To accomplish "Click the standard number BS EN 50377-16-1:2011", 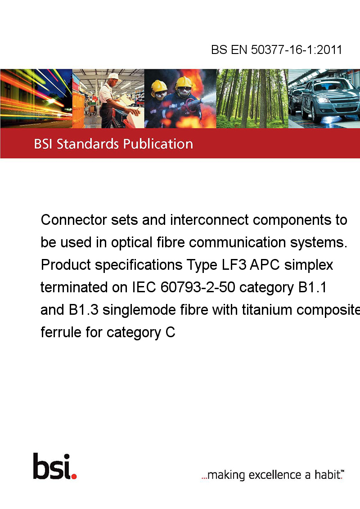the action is pos(276,49).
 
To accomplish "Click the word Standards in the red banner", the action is pos(88,144).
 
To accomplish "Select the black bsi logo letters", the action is pos(52,466).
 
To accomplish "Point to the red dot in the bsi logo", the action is pos(74,476).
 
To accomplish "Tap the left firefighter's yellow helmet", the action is pos(159,86).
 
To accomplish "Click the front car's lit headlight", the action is pos(324,100).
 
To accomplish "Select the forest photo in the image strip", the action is pos(252,98).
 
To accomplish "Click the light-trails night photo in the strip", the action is pos(36,98).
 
